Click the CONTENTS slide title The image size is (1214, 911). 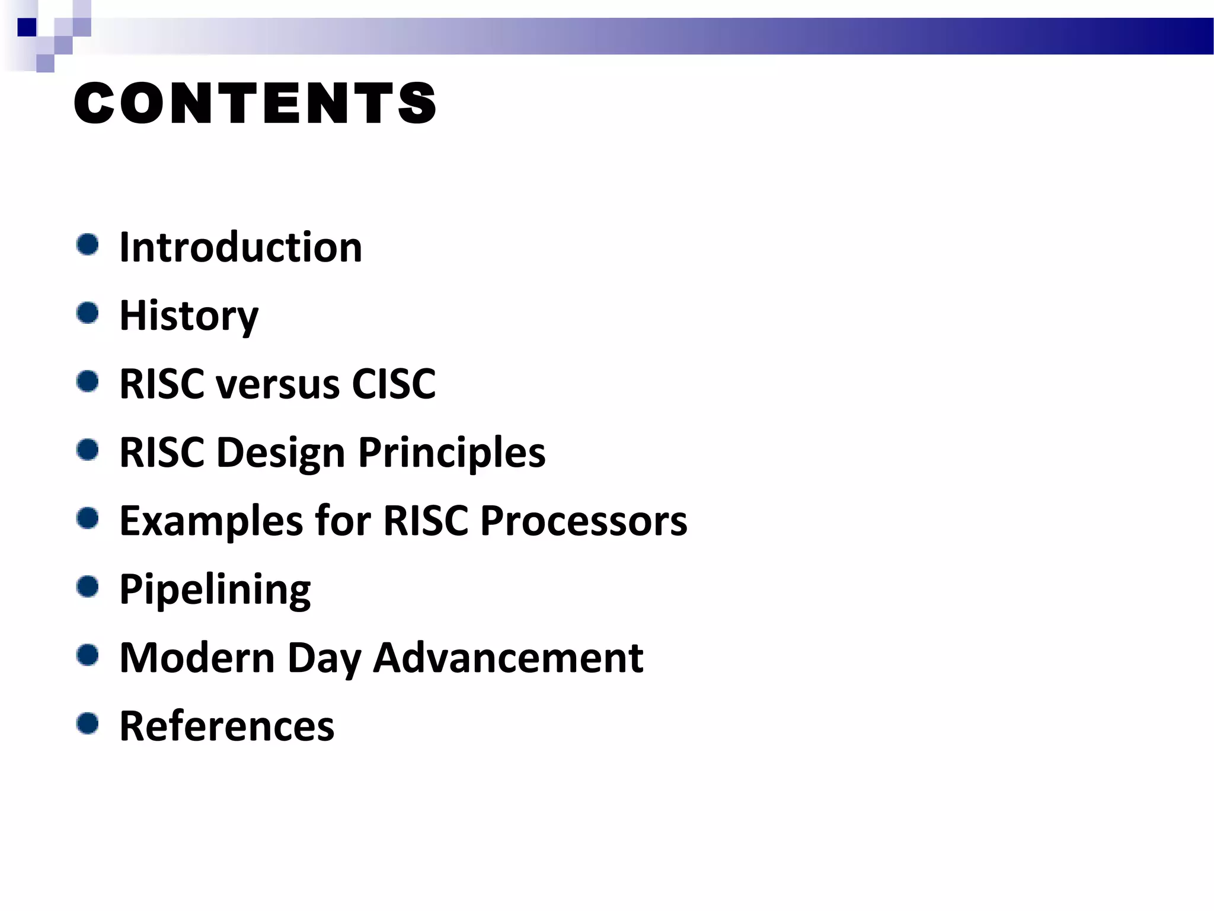[255, 104]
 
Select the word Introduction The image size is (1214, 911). [241, 247]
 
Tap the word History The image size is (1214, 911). [189, 316]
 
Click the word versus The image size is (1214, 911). [278, 384]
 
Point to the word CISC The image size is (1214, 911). [394, 384]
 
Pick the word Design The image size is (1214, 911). [280, 453]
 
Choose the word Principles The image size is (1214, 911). [452, 453]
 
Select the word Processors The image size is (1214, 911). [583, 521]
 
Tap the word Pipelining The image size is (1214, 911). [215, 590]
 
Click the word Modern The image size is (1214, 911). [197, 658]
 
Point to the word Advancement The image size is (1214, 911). [508, 658]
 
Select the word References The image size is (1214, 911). [226, 726]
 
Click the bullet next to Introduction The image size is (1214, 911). [88, 244]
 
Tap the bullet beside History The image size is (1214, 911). [88, 313]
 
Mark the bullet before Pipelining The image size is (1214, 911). [88, 587]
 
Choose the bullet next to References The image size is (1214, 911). [88, 723]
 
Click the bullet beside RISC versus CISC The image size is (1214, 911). [88, 381]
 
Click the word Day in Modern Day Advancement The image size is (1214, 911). [324, 659]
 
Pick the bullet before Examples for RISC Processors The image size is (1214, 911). [88, 518]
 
